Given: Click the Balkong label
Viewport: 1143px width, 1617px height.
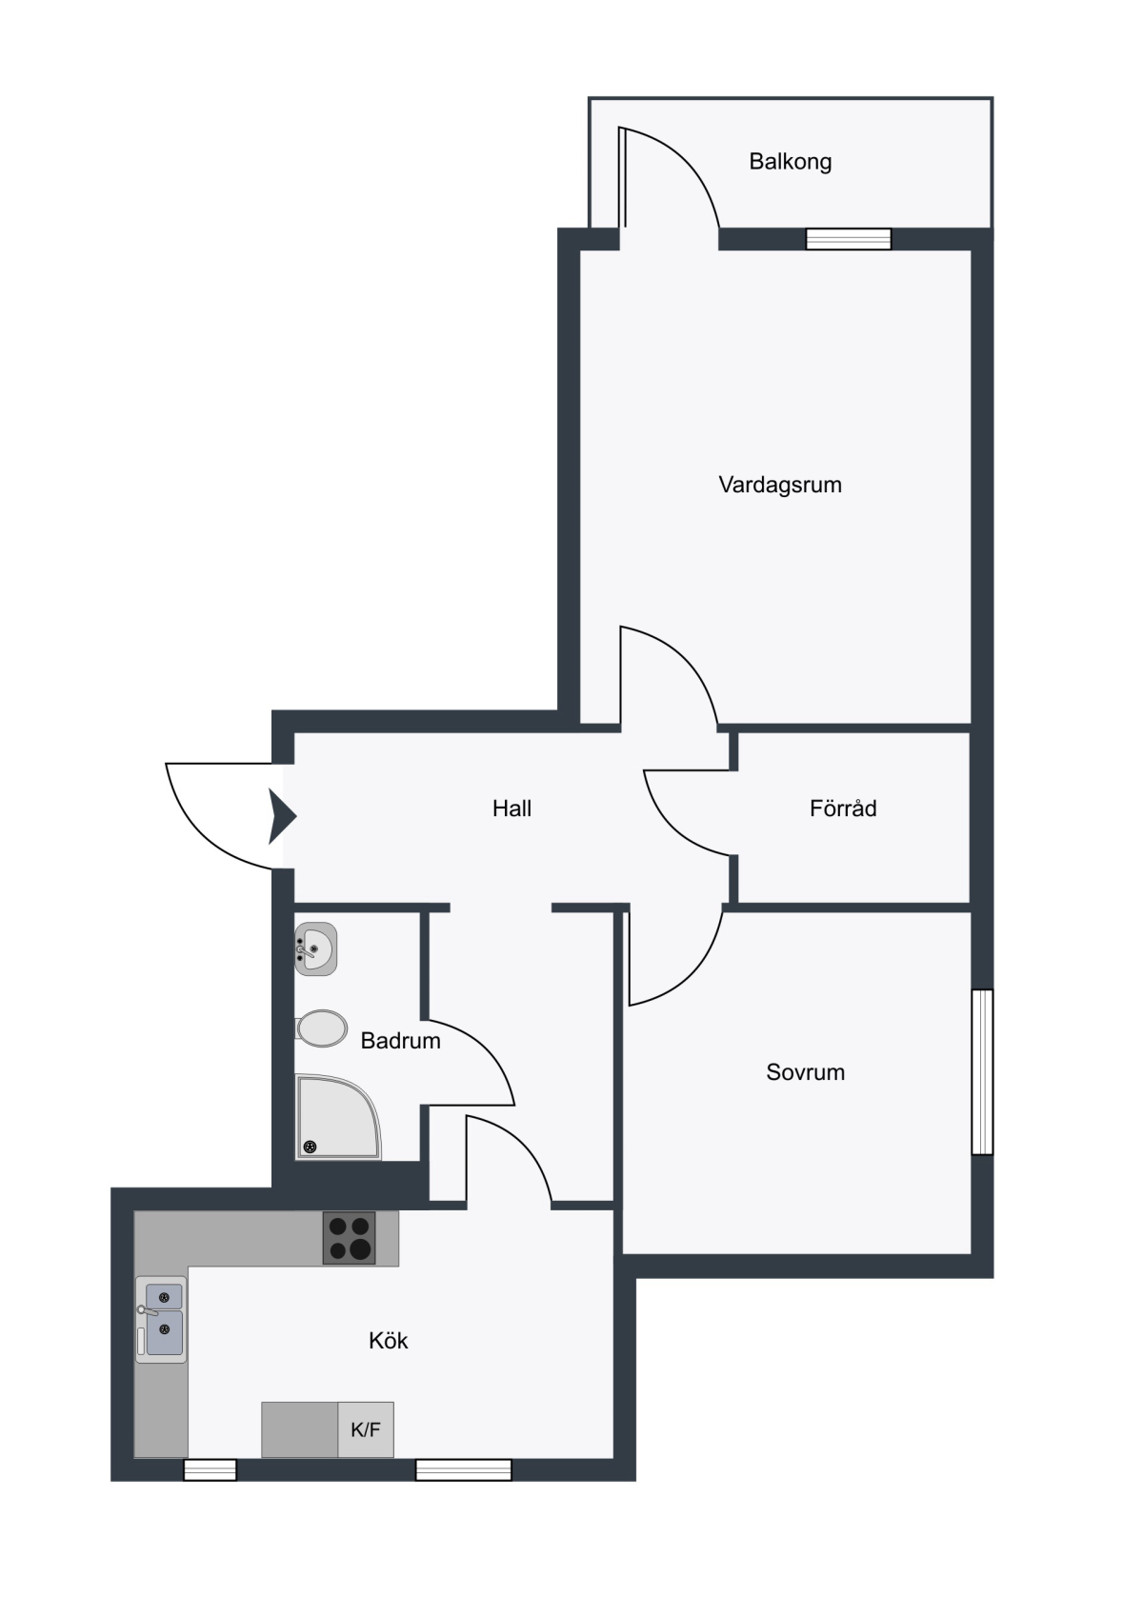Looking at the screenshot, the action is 790,161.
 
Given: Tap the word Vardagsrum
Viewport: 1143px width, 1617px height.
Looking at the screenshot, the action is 780,485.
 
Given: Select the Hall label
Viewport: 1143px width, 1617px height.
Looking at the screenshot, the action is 511,808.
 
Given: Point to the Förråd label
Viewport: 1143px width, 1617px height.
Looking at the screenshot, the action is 843,808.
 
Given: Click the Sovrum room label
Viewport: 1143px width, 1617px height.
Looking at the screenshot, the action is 805,1072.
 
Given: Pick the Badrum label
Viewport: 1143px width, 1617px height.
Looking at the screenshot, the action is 400,1040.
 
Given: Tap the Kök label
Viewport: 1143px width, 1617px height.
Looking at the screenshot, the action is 389,1341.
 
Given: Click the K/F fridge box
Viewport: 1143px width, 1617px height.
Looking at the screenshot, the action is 366,1429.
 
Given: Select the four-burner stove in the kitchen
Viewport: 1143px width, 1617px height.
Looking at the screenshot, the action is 349,1237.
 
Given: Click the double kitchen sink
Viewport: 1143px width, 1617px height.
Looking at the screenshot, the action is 161,1319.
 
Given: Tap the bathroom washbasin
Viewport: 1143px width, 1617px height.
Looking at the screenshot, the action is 315,949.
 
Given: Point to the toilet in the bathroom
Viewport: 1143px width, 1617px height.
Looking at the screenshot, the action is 321,1028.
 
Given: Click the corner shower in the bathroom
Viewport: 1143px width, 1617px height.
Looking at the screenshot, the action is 337,1117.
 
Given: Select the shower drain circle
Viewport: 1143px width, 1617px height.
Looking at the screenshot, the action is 310,1148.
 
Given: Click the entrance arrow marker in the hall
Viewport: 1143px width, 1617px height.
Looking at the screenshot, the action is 282,816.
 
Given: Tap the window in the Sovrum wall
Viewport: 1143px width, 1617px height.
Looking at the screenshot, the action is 982,1072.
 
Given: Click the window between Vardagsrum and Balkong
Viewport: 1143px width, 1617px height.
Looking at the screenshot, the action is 849,239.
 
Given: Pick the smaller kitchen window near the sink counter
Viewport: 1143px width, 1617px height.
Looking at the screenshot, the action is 211,1469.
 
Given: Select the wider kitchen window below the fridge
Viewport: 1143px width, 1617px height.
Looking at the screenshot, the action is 464,1469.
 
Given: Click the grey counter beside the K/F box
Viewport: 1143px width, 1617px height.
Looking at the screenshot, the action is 300,1429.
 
